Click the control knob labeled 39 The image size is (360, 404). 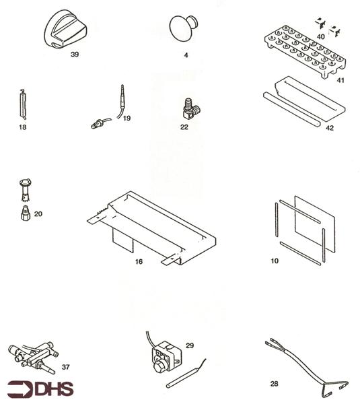(66, 31)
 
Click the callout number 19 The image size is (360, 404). (127, 118)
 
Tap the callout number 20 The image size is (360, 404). (38, 213)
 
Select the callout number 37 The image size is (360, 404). (66, 367)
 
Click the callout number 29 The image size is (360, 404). (190, 345)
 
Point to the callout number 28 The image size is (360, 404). (274, 384)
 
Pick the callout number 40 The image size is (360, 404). (321, 36)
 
